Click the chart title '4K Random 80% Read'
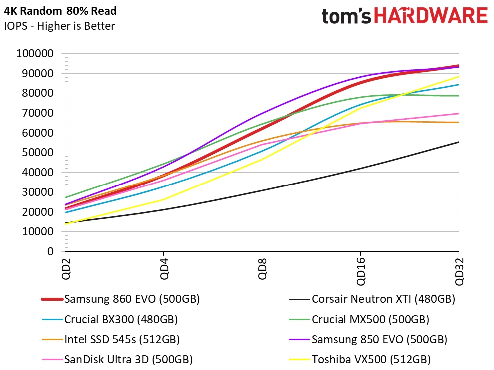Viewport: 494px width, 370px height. [60, 11]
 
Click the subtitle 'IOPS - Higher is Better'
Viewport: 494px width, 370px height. [59, 26]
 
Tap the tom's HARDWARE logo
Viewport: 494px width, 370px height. [405, 16]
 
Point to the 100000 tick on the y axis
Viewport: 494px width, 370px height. [35, 53]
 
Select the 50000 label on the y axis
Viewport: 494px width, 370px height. [38, 153]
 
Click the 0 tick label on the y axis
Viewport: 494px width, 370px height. [50, 252]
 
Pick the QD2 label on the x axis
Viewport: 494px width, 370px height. [66, 269]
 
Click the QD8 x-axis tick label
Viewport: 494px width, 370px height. [262, 269]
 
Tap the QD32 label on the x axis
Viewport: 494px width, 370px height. [459, 272]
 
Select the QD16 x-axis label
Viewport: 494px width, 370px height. [361, 272]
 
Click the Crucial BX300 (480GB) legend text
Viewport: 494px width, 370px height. [121, 319]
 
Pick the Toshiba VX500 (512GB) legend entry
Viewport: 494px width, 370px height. [371, 360]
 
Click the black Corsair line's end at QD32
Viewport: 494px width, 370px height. [459, 142]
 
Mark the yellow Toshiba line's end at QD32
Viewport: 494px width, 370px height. [459, 76]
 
